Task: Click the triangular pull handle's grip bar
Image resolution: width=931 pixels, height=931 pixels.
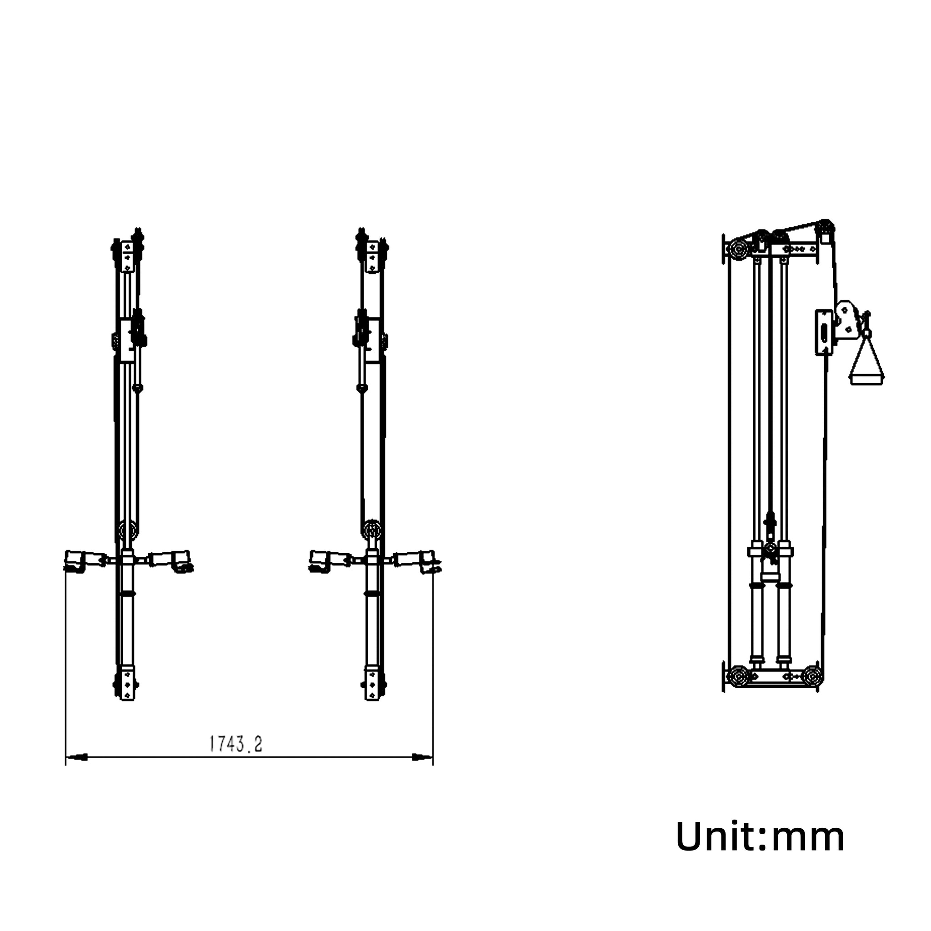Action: click(867, 379)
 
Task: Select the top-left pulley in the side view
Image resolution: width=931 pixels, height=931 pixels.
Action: click(737, 250)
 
